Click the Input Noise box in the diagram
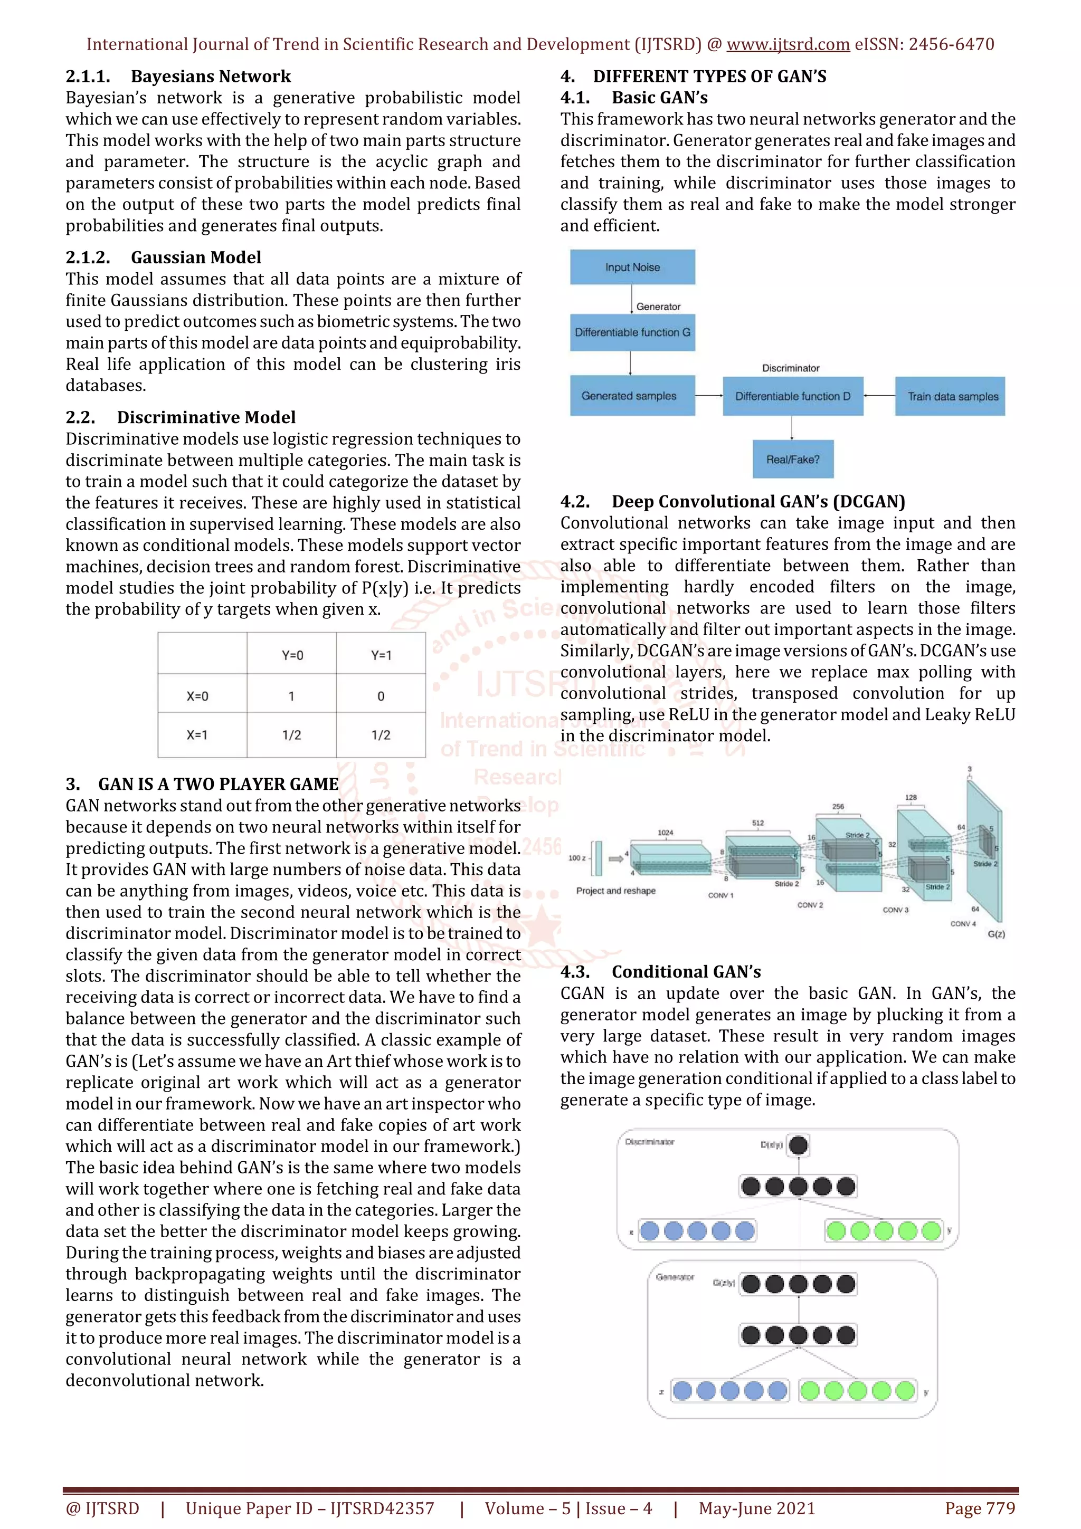coord(632,267)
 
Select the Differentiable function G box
coord(632,332)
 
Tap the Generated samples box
coord(629,396)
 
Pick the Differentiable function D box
coord(793,396)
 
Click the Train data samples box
coord(952,396)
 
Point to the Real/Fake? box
coord(793,460)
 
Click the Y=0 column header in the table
coord(292,655)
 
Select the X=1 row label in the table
coord(197,735)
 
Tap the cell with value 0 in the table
coord(381,696)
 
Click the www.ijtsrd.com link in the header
coord(788,45)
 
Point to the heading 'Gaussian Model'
coord(196,257)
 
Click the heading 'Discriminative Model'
coord(206,417)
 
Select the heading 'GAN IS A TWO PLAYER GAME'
coord(219,784)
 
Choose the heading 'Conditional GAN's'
coord(686,972)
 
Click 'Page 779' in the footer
coord(980,1508)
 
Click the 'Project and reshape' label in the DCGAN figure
coord(615,891)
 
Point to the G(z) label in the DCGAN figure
coord(995,934)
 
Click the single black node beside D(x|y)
coord(798,1145)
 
